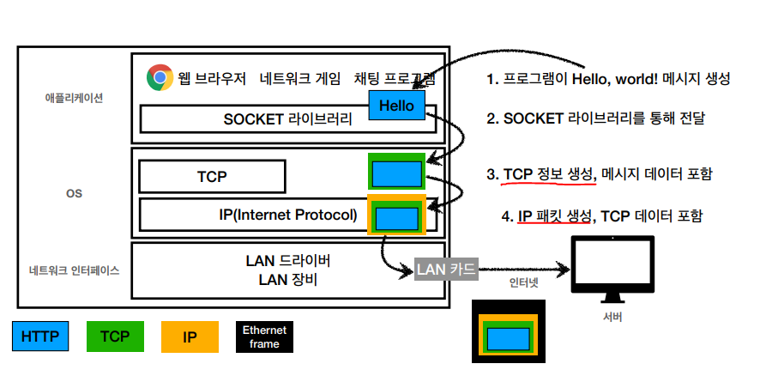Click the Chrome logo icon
pos(158,78)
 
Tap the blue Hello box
pos(396,106)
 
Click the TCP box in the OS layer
pos(211,177)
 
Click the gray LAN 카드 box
pos(445,270)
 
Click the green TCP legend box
pos(115,337)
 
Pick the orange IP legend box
pos(190,337)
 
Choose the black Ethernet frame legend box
pos(264,337)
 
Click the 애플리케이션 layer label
pos(74,98)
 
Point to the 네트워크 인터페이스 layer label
pos(74,270)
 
